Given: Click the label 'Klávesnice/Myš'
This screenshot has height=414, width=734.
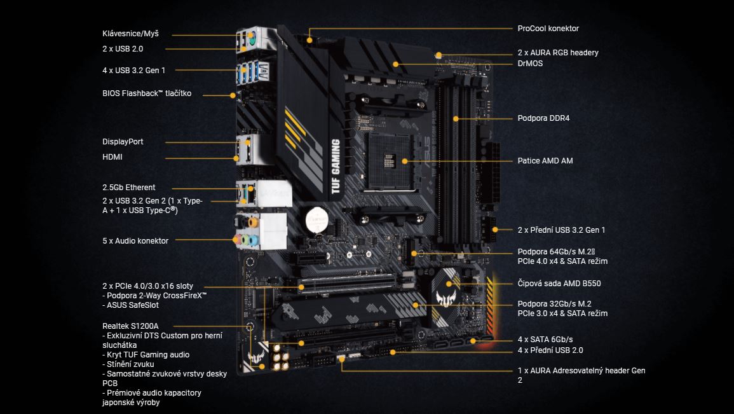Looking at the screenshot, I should click(x=131, y=33).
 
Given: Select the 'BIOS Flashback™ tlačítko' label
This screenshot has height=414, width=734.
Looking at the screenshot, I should click(x=147, y=93).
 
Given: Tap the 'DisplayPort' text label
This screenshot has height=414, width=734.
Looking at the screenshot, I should click(x=123, y=142).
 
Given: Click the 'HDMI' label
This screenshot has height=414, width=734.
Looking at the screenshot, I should click(x=112, y=157).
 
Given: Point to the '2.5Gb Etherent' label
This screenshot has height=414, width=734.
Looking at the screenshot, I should click(x=129, y=188).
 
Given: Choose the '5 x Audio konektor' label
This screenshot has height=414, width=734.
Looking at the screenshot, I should click(x=135, y=241).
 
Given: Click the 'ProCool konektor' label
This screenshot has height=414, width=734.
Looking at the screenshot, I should click(x=548, y=29).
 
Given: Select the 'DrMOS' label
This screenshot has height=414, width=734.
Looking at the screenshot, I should click(x=530, y=64).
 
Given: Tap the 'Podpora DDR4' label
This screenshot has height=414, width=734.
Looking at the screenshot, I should click(x=543, y=118).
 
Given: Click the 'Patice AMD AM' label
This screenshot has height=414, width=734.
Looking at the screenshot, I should click(x=545, y=161).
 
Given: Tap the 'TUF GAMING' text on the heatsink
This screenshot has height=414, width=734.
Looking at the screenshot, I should click(x=335, y=167).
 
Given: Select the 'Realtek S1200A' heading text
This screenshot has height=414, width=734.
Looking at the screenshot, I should click(x=130, y=326).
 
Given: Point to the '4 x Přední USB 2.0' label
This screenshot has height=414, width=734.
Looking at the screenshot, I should click(x=550, y=350).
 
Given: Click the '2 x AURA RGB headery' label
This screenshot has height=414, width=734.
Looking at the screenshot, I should click(x=558, y=53).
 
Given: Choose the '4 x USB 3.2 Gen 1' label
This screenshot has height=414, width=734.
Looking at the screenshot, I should click(x=133, y=70).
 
